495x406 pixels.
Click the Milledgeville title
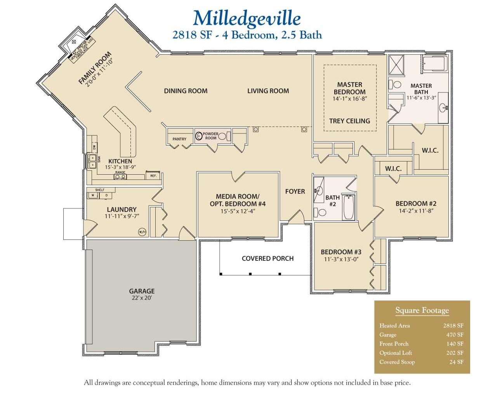click(x=247, y=18)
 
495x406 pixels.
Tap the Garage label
click(x=142, y=291)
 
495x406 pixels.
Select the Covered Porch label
click(x=267, y=259)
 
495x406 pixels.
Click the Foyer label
click(x=295, y=191)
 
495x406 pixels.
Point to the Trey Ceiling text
click(x=349, y=121)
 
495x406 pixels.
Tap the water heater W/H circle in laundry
click(x=142, y=232)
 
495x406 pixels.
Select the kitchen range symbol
click(x=120, y=177)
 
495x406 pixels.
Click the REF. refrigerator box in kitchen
click(x=153, y=176)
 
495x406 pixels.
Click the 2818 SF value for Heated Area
click(x=453, y=326)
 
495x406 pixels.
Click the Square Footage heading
click(x=422, y=310)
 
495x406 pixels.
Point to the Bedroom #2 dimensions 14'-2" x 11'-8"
click(x=416, y=211)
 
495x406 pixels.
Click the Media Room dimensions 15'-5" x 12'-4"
click(x=238, y=211)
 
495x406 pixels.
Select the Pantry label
click(x=179, y=139)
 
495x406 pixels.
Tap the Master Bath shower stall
click(x=396, y=64)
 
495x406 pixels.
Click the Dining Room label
click(x=186, y=91)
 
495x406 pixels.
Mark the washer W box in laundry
click(x=93, y=196)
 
